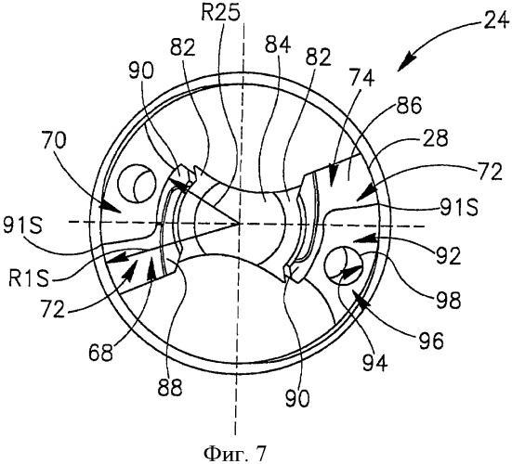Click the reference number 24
coord(496,20)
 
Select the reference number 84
coord(278,45)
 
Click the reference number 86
coord(409,106)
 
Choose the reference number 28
coord(435,138)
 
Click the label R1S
coord(29,279)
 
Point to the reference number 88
coord(170,388)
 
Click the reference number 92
coord(448,256)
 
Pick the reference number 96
coord(431,341)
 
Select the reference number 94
coord(374,362)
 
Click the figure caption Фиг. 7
coord(234,453)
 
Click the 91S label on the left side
coord(22,225)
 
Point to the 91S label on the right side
coord(458,207)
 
